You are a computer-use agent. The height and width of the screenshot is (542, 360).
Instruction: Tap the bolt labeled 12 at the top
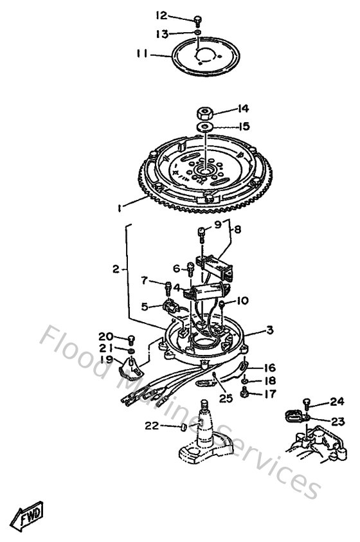(x=199, y=20)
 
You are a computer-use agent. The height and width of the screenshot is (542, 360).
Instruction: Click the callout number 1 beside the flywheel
(x=120, y=207)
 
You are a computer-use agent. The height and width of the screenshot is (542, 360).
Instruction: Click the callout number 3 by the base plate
(x=270, y=330)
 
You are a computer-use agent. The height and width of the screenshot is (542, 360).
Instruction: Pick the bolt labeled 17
(x=245, y=392)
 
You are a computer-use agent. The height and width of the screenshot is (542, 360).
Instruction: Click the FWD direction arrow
(x=28, y=514)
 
